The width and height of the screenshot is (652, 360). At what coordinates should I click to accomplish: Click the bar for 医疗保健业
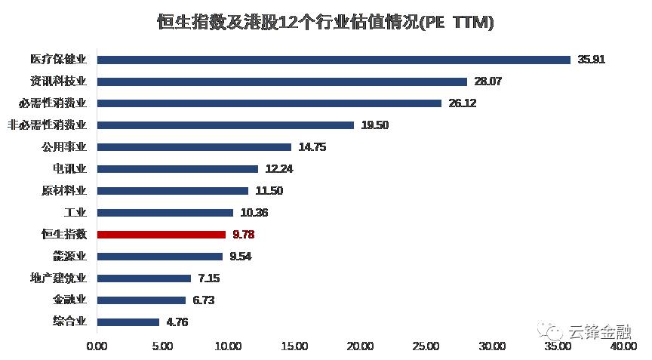(x=334, y=60)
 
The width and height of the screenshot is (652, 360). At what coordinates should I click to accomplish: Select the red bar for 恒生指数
(x=161, y=235)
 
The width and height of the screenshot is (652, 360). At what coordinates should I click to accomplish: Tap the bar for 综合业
(x=128, y=322)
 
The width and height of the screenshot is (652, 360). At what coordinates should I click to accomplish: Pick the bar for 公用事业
(x=194, y=147)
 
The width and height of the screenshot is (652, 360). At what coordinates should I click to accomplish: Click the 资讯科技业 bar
(x=282, y=82)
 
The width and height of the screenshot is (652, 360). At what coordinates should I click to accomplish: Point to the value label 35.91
(x=592, y=60)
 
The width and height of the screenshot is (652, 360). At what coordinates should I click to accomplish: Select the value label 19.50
(x=374, y=125)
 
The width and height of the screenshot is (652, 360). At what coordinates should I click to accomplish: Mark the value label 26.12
(x=462, y=103)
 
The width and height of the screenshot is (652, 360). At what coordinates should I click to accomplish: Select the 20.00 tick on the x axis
(x=360, y=346)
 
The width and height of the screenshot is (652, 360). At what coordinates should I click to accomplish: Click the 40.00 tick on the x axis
(x=623, y=346)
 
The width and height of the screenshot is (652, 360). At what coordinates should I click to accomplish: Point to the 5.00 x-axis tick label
(x=163, y=346)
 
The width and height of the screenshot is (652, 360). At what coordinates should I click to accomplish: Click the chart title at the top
(x=325, y=22)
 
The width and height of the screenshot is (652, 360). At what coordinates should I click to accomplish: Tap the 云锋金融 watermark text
(x=600, y=331)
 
